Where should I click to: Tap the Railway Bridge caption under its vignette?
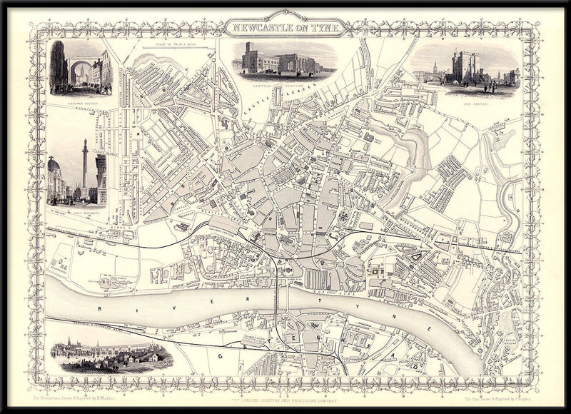click(x=80, y=103)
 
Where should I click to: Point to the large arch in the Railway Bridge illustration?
click(x=79, y=72)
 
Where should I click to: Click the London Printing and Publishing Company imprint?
click(x=285, y=392)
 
